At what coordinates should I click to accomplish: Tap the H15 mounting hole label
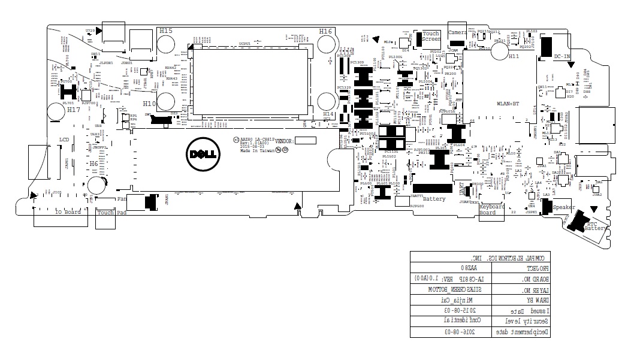tap(165, 31)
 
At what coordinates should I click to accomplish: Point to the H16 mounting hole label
tap(326, 31)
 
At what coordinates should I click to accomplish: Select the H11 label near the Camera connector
tap(514, 56)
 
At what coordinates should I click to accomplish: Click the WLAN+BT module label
tap(508, 104)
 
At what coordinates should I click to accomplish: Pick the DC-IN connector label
tap(562, 56)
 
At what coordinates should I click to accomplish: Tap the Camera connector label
tap(458, 32)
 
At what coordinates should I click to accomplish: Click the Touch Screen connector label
tap(431, 37)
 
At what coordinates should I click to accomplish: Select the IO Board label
tap(68, 212)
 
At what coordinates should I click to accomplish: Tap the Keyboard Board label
tap(491, 210)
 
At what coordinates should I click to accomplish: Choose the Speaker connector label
tap(564, 207)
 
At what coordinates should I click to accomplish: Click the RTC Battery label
tap(594, 225)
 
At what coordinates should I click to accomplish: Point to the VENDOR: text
tap(284, 141)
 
